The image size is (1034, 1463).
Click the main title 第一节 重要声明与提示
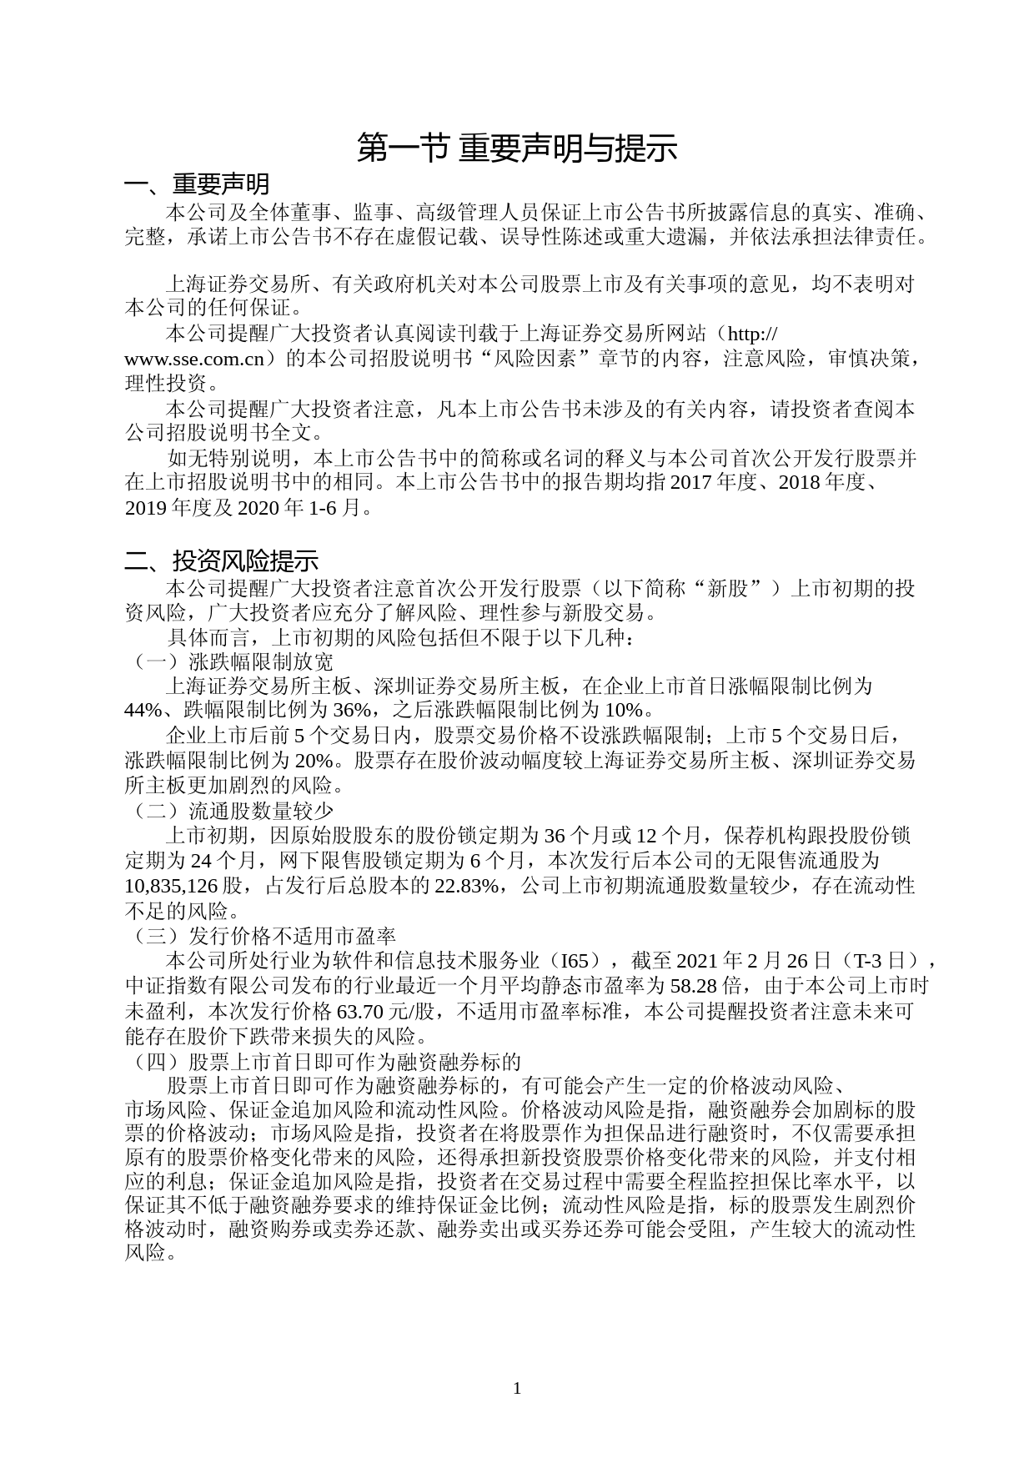(516, 148)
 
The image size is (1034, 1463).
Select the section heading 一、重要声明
(197, 184)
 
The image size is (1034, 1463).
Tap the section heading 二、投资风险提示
(221, 560)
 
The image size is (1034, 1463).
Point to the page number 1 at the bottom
(517, 1388)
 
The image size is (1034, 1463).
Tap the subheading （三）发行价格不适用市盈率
(260, 936)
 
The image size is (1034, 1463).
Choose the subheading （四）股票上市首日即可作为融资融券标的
(323, 1062)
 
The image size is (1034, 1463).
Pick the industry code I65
(575, 960)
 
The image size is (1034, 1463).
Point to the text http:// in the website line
(753, 335)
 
